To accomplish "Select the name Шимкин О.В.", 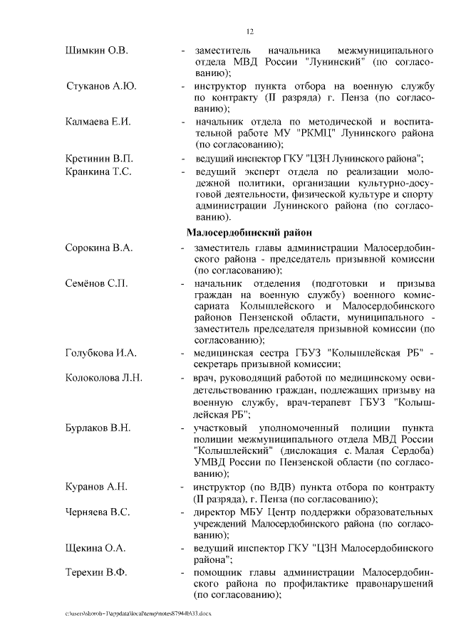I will (x=96, y=51).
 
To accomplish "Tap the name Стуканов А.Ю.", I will (x=101, y=86).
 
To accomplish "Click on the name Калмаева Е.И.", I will (x=98, y=121).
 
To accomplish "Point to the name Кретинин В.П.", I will (x=98, y=157).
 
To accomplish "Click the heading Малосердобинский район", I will (x=249, y=233).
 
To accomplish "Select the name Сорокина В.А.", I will (x=98, y=248).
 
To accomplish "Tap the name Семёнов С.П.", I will (x=97, y=284).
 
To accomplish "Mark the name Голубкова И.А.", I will (x=100, y=352).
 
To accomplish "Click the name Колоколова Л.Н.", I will (x=104, y=377).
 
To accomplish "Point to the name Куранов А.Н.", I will (x=96, y=487).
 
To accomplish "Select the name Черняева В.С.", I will (x=98, y=512).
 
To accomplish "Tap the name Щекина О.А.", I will (x=95, y=548).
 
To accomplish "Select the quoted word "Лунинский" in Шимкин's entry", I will (x=336, y=63).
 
